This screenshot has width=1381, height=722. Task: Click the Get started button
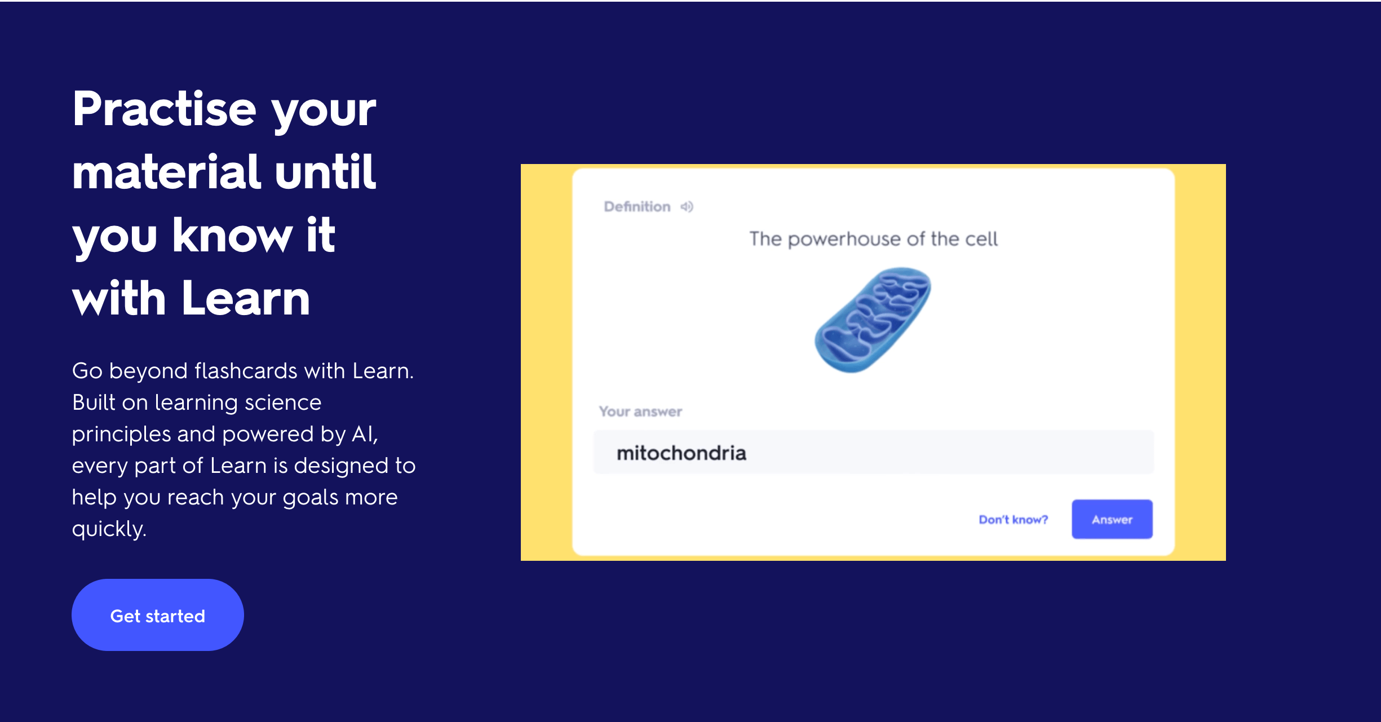(158, 615)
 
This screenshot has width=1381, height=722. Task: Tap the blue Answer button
(1112, 519)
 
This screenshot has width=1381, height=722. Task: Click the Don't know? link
(1013, 520)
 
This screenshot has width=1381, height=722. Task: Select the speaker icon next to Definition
(687, 207)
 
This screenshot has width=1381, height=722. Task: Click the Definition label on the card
(637, 207)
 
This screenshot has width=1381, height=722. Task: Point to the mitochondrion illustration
(873, 320)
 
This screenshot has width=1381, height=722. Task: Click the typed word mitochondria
(681, 453)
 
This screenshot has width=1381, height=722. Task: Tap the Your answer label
(640, 411)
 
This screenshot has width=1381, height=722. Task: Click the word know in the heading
(232, 235)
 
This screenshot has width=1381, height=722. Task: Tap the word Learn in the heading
(246, 298)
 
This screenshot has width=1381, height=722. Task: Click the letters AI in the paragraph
(364, 434)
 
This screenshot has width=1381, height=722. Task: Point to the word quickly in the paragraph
(109, 529)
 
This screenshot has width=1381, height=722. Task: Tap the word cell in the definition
(981, 239)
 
